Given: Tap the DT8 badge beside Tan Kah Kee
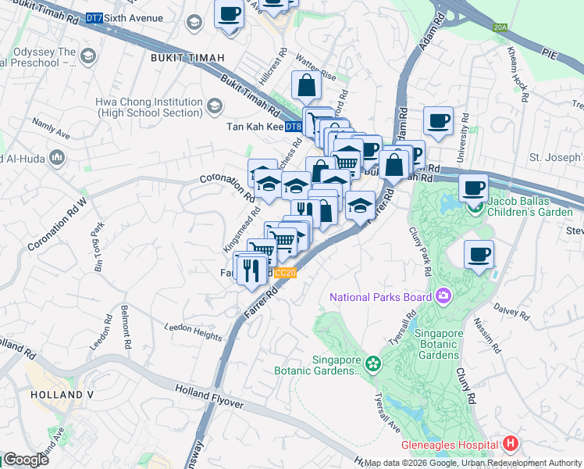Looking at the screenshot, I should [293, 127].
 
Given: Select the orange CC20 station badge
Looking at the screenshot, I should [286, 273].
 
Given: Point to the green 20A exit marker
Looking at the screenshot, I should [500, 27].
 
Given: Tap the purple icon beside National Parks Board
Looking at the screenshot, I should [443, 296].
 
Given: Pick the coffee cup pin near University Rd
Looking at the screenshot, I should [439, 122].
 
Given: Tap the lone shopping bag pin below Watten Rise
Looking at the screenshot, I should [306, 86].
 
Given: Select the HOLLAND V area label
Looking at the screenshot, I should [62, 395].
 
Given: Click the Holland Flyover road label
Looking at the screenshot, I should [210, 396].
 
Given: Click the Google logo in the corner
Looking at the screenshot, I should [26, 460].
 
